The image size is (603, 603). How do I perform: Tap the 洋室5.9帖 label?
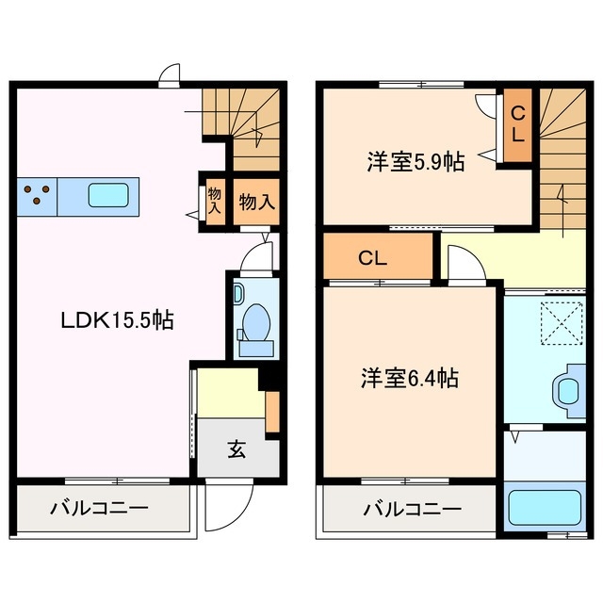click(415, 161)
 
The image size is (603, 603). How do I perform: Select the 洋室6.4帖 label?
click(409, 379)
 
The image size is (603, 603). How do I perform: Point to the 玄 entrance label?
click(236, 449)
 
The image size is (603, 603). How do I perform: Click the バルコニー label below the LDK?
click(99, 510)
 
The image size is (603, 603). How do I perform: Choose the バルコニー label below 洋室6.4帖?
click(413, 510)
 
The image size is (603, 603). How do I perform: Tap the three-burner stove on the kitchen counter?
click(37, 196)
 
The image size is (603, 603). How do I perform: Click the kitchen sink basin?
click(110, 196)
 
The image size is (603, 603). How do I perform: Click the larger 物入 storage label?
click(255, 202)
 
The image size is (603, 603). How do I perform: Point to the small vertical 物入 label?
click(214, 201)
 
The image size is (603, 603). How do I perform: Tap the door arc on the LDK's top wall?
click(170, 76)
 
